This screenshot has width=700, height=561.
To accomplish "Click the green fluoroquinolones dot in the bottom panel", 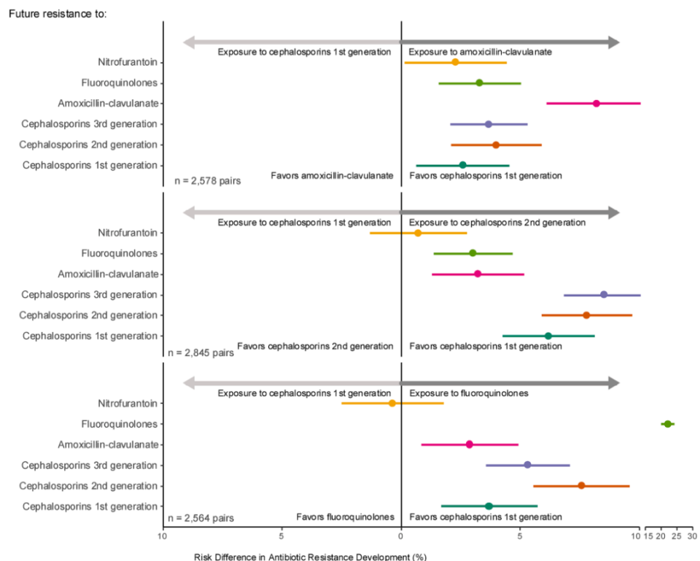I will (x=666, y=424).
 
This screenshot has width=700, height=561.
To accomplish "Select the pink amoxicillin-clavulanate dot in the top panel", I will (x=596, y=104).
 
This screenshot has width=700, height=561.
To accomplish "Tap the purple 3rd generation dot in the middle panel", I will (x=604, y=295).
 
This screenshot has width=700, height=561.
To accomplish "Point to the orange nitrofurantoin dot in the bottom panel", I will (x=392, y=403).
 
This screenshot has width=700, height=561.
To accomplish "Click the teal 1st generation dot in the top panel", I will (x=462, y=165).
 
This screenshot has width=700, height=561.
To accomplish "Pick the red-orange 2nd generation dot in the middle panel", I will (x=586, y=315).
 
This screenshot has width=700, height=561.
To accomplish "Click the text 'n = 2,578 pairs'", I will (x=208, y=179).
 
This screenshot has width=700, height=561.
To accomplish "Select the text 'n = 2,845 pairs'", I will (x=201, y=352).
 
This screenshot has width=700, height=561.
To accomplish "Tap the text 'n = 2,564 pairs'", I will (x=201, y=519).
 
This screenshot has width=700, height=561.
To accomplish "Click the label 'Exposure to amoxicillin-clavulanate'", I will (x=480, y=52).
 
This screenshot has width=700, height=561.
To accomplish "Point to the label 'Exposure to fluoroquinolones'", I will (x=469, y=393).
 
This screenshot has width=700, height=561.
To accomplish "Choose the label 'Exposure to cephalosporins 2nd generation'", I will (x=497, y=222).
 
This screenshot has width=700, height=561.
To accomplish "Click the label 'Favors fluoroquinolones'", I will (x=345, y=516).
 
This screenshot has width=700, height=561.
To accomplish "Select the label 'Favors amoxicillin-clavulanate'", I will (x=332, y=176).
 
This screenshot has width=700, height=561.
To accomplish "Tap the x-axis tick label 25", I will (x=677, y=536).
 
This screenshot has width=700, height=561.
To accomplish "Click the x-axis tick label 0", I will (x=401, y=536).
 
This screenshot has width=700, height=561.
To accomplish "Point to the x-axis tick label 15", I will (x=648, y=536).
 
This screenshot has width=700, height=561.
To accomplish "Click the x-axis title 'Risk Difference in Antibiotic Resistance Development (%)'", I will (x=310, y=557).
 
